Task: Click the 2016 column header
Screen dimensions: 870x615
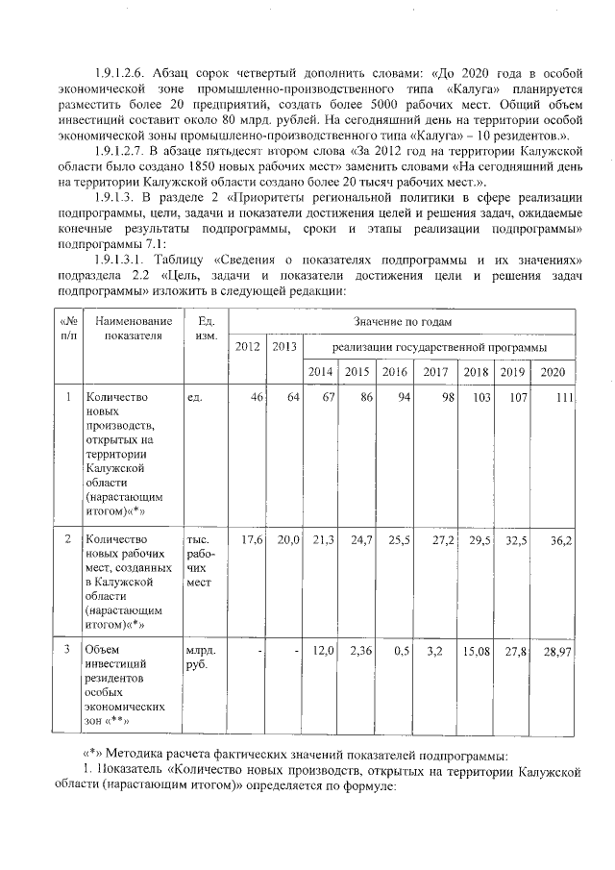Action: pyautogui.click(x=394, y=373)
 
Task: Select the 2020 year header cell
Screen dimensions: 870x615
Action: pyautogui.click(x=553, y=373)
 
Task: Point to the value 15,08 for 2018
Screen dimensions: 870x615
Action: pyautogui.click(x=477, y=653)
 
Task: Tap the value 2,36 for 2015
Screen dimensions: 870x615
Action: pyautogui.click(x=358, y=653)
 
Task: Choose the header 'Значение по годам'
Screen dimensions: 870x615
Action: pyautogui.click(x=402, y=321)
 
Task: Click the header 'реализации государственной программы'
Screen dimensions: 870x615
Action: pyautogui.click(x=439, y=346)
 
